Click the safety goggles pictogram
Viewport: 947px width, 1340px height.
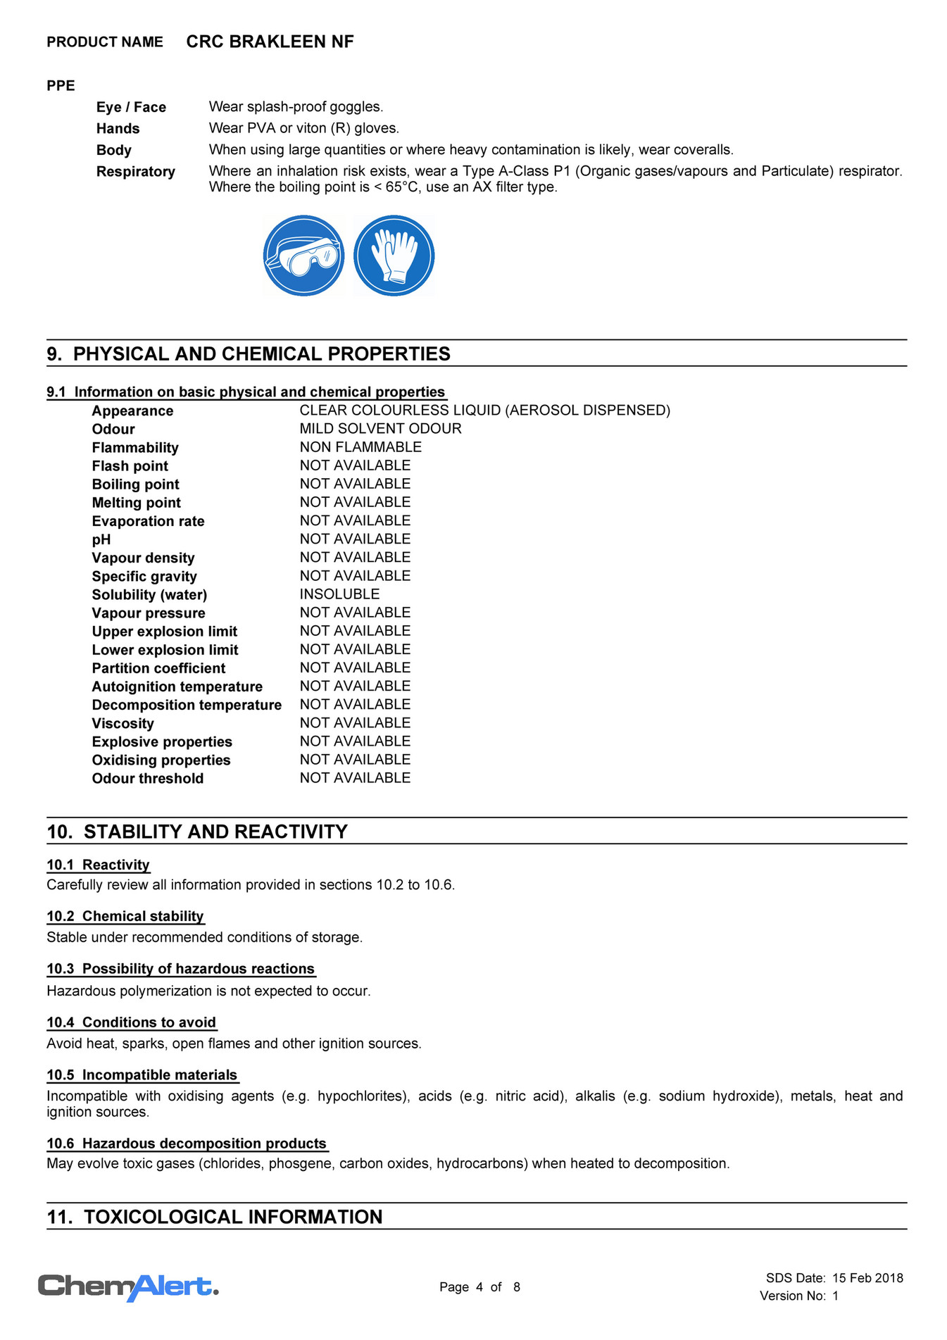(x=303, y=256)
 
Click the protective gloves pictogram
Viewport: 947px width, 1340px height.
(x=394, y=256)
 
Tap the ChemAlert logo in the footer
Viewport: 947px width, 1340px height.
(x=128, y=1286)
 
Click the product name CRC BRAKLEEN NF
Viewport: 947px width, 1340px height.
(x=270, y=42)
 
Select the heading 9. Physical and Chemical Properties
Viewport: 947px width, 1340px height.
(x=249, y=353)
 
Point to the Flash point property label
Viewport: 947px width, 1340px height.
(x=130, y=466)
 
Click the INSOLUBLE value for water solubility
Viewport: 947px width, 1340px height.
(x=339, y=594)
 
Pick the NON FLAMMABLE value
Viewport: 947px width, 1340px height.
(x=360, y=447)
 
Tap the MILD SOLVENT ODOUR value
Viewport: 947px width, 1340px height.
(x=380, y=429)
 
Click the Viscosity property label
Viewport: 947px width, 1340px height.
(x=123, y=724)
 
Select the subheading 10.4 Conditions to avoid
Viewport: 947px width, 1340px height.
(x=132, y=1022)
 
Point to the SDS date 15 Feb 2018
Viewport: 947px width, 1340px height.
(x=867, y=1278)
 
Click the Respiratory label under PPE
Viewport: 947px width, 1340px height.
(x=136, y=172)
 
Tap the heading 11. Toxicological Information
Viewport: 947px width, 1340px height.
(x=215, y=1217)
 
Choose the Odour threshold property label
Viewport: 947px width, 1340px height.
(x=148, y=779)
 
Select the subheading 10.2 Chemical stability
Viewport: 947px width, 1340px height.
(x=125, y=916)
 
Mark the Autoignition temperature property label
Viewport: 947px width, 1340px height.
(x=177, y=687)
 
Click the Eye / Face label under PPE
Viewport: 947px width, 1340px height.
(x=132, y=107)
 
